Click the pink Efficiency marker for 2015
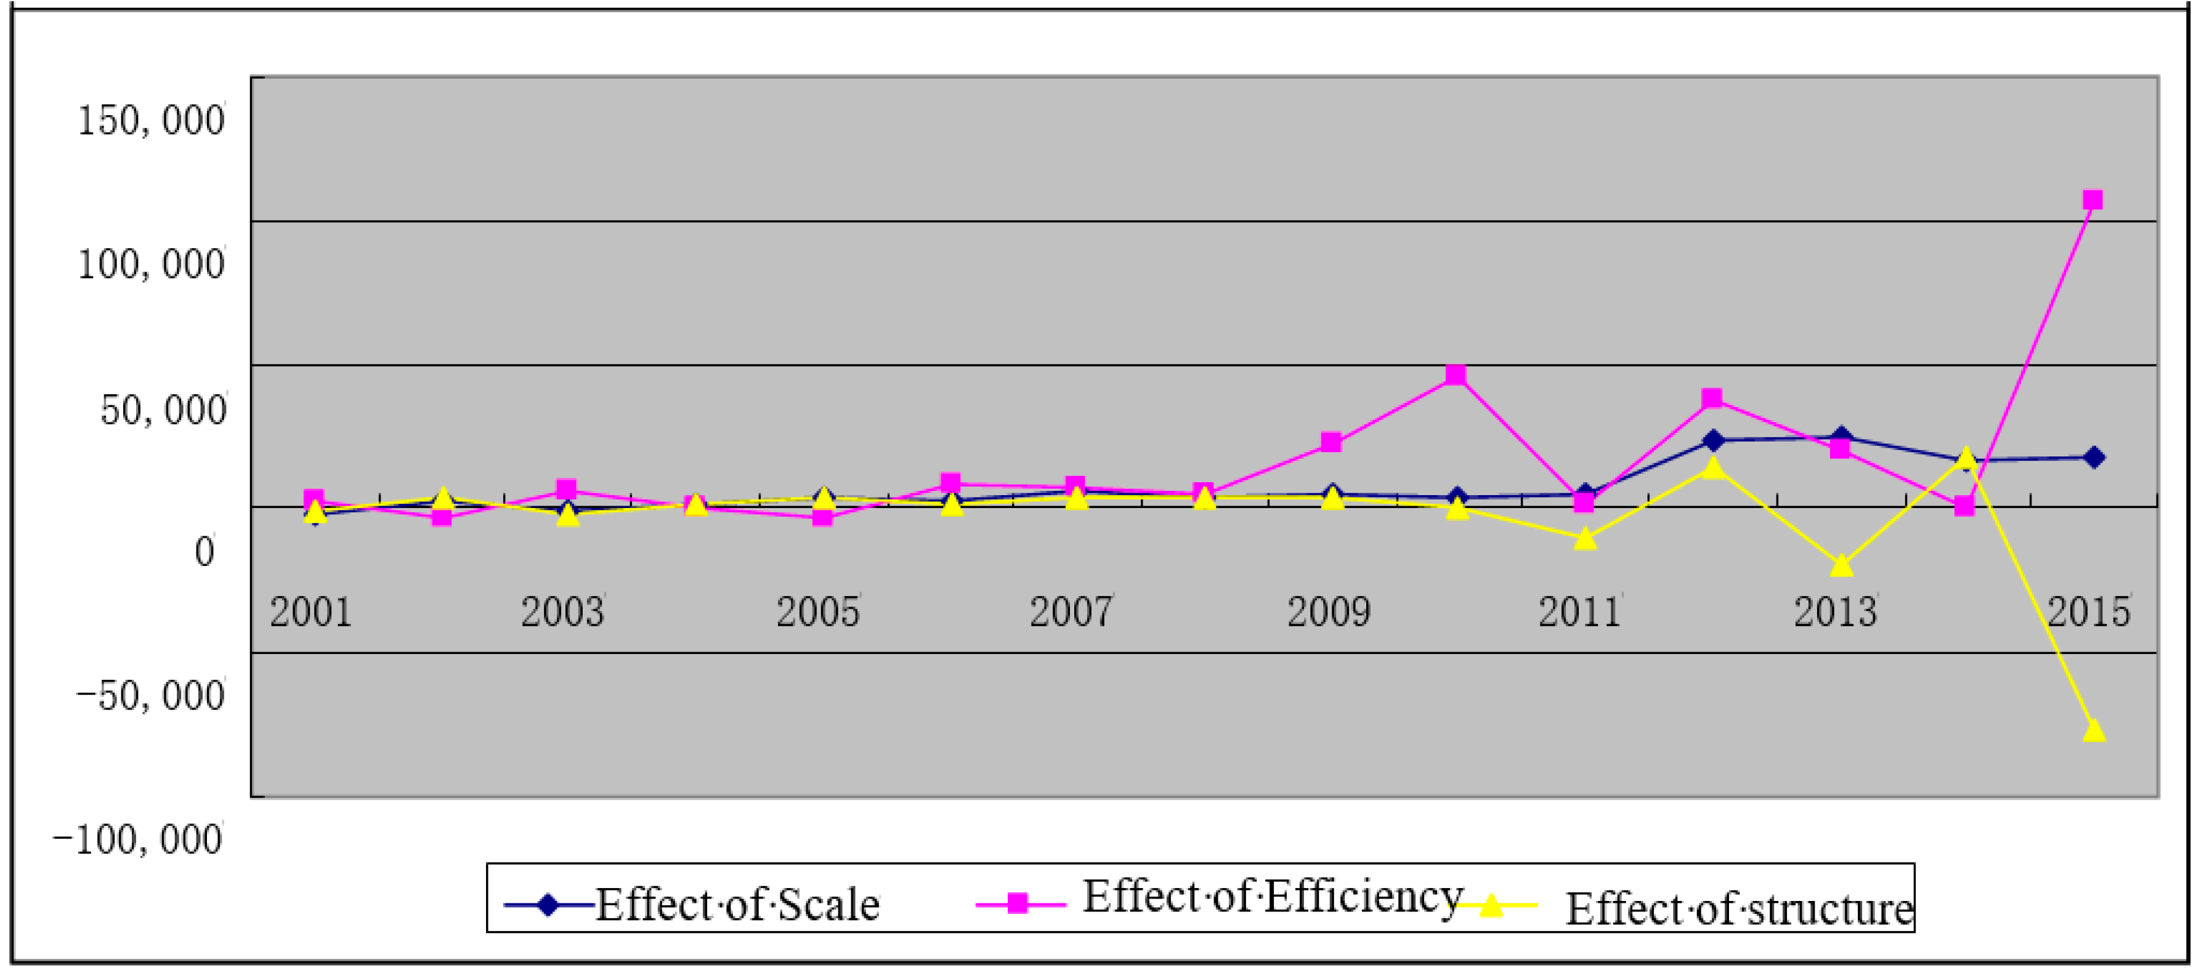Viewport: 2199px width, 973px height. [2092, 201]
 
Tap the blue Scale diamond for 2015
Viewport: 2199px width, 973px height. [2093, 458]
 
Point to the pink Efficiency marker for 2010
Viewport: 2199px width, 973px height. [1456, 376]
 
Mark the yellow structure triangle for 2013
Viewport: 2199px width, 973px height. [1841, 565]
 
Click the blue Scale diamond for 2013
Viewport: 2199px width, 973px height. [1841, 437]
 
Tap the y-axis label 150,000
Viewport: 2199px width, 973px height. [151, 120]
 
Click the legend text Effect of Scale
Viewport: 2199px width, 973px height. [737, 905]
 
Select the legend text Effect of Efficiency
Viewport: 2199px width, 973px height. [1272, 896]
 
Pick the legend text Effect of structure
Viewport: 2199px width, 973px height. [1739, 908]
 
